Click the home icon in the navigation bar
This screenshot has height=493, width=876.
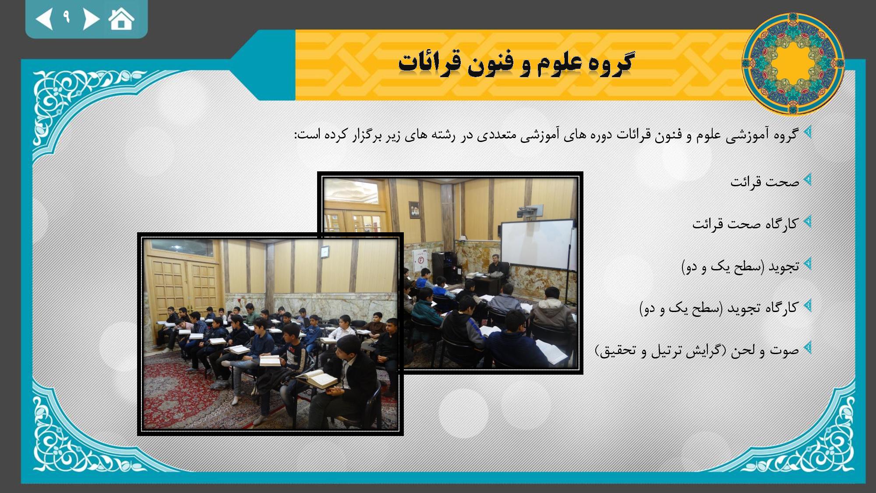tap(121, 19)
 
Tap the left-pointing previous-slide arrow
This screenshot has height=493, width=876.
tap(45, 19)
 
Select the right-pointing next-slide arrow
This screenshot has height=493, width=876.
tap(91, 19)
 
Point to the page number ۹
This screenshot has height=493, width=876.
tap(67, 17)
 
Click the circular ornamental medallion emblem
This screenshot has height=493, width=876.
tap(793, 64)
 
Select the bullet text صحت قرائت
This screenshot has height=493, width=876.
tap(765, 181)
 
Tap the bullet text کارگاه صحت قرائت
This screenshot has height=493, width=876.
tap(745, 224)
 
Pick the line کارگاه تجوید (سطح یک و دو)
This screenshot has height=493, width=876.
tap(719, 308)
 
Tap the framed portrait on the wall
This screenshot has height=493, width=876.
tap(414, 210)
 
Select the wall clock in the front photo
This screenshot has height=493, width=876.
tap(324, 252)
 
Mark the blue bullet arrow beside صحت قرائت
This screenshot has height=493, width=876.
tap(808, 180)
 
